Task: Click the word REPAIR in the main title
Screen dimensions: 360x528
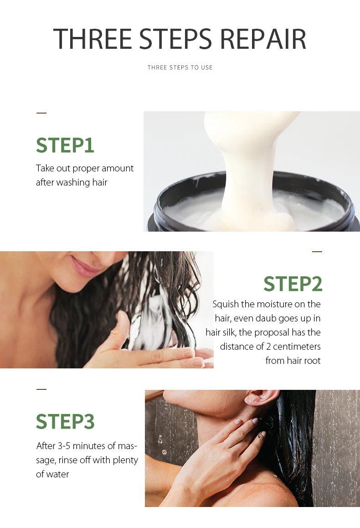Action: pos(263,39)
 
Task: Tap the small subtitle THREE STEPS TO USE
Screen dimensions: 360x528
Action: pos(180,67)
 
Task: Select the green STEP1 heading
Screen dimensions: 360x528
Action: pos(65,145)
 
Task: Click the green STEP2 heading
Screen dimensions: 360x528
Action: pos(293,284)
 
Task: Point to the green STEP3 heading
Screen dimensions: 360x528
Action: pos(65,422)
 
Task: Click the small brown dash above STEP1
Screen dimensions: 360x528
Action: pos(41,113)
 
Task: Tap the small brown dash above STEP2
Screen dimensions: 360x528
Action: pos(317,252)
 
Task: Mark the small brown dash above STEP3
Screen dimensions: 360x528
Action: pos(41,389)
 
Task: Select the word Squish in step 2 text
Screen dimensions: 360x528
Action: pos(226,305)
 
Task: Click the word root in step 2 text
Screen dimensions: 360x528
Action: pos(313,361)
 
